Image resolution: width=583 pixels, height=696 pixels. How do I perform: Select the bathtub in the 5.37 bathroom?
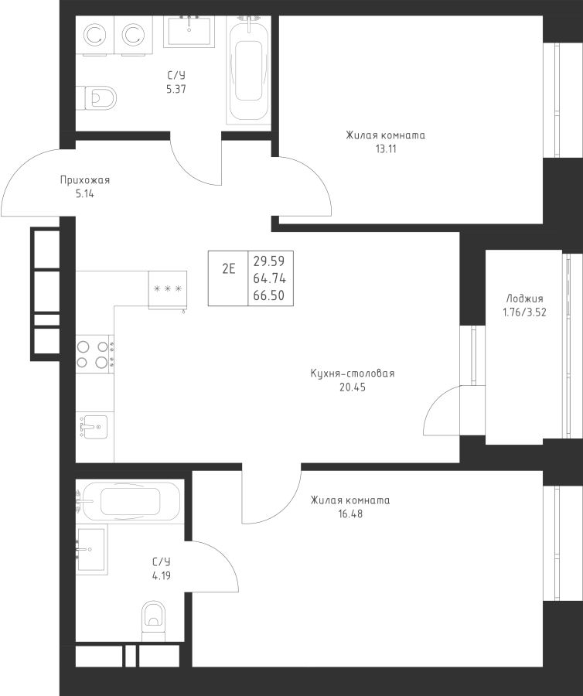(248, 70)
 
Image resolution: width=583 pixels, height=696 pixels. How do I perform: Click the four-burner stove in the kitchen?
(94, 354)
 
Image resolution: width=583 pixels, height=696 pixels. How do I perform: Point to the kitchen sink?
(94, 427)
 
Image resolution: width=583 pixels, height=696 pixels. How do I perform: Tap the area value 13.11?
(386, 149)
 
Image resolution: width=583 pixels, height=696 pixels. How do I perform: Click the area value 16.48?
(350, 514)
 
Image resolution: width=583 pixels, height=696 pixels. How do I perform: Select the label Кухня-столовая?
(353, 374)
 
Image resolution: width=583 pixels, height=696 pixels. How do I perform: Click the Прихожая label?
(85, 180)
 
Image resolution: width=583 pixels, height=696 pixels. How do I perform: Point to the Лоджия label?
(524, 299)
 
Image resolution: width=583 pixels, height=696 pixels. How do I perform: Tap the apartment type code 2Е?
(229, 268)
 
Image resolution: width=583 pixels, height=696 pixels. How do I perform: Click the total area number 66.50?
(269, 295)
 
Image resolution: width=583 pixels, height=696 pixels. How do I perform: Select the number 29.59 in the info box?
(269, 261)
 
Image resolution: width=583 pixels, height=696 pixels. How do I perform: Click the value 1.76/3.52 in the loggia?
(524, 312)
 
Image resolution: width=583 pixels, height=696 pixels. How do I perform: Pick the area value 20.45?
(353, 387)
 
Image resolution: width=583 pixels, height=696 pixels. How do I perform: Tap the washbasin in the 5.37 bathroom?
(189, 31)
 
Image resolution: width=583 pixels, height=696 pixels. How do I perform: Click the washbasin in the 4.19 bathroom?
(91, 549)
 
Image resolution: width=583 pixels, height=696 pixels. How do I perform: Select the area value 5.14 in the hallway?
(85, 194)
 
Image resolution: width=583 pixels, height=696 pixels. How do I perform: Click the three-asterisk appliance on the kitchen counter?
(168, 289)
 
